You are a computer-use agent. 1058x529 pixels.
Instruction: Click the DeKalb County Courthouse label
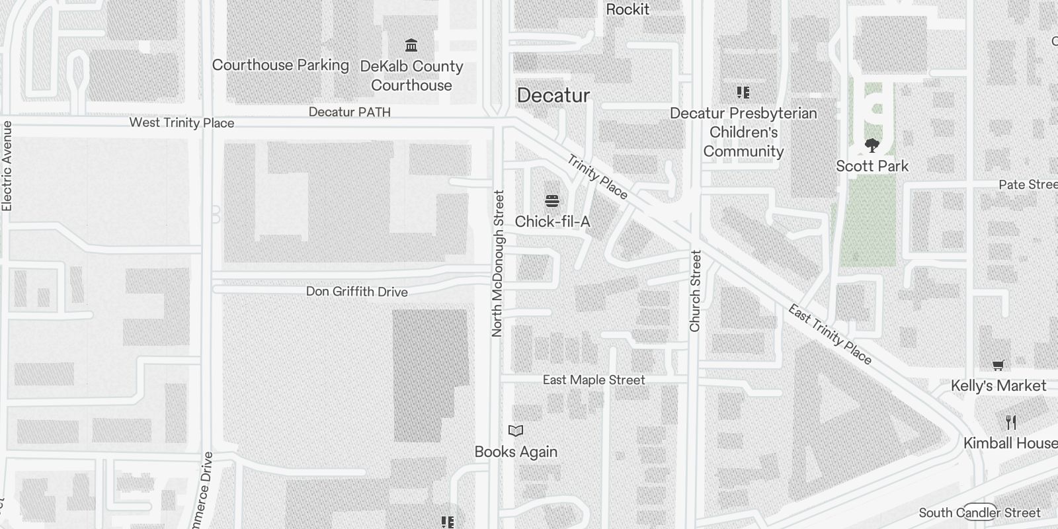(411, 75)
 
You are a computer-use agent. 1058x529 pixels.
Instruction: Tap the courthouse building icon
(411, 45)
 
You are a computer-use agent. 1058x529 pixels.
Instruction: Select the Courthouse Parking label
(280, 65)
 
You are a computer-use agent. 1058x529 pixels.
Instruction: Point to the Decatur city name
(553, 95)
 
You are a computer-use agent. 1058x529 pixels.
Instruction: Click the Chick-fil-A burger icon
(552, 201)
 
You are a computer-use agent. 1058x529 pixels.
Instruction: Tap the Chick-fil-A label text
(552, 222)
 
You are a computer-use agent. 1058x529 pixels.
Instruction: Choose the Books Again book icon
(516, 431)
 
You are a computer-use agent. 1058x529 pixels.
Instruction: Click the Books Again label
(516, 452)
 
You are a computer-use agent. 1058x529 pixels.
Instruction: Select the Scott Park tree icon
(872, 145)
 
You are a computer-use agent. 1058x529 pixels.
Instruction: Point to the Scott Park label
(872, 166)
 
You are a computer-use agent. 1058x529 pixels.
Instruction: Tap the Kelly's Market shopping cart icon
(998, 365)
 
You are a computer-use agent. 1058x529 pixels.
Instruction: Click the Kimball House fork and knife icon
(1011, 422)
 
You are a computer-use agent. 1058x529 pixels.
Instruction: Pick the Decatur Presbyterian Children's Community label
(743, 132)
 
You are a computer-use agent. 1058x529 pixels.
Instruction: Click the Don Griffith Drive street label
(357, 292)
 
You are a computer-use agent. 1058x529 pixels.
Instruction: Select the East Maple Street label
(594, 380)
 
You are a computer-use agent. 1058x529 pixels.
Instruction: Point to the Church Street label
(695, 291)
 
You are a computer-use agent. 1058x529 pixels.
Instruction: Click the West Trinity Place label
(182, 122)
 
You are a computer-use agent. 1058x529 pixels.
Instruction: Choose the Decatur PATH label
(350, 112)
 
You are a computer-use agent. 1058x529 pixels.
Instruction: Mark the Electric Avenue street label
(7, 166)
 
